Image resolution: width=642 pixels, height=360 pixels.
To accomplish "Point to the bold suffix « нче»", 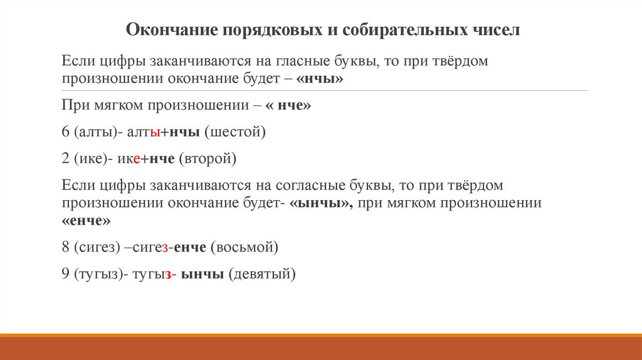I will [288, 106].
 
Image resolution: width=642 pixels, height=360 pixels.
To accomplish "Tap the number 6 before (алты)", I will [65, 132].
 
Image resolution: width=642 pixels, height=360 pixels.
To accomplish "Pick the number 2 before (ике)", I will [65, 159].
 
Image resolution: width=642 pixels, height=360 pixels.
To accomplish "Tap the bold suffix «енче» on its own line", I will [87, 221].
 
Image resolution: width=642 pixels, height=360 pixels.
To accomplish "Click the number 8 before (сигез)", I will [65, 247].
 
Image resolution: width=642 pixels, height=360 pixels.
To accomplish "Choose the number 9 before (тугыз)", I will [65, 274].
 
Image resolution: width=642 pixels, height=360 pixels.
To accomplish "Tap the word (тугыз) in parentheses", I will [98, 274].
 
